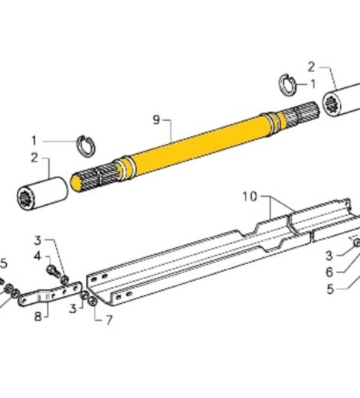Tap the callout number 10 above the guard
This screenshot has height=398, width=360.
[250, 197]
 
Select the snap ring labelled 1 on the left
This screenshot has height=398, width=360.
[88, 142]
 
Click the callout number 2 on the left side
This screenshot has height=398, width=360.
[34, 158]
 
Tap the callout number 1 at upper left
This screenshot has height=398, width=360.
[33, 139]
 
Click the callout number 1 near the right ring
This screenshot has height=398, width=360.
[312, 84]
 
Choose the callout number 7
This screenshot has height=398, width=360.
[108, 319]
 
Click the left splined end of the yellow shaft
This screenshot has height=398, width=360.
[92, 178]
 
